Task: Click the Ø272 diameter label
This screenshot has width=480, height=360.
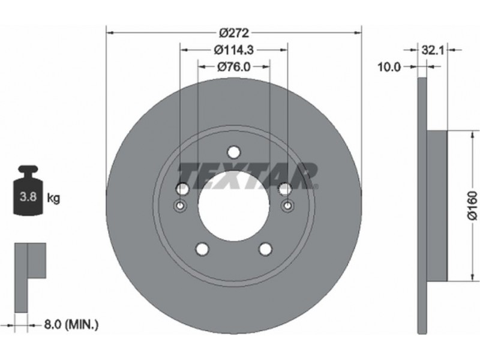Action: click(x=234, y=33)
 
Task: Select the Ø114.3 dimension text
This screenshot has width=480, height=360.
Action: click(x=234, y=50)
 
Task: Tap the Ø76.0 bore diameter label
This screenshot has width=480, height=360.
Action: click(x=234, y=67)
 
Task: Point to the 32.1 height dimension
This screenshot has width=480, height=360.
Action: click(x=433, y=50)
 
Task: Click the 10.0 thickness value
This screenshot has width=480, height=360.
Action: click(x=389, y=67)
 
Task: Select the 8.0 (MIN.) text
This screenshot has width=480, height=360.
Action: click(x=71, y=324)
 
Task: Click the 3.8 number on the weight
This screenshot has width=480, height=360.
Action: click(x=28, y=197)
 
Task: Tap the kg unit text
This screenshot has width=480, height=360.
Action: click(x=53, y=199)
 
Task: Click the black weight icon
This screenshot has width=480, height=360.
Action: click(x=28, y=190)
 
